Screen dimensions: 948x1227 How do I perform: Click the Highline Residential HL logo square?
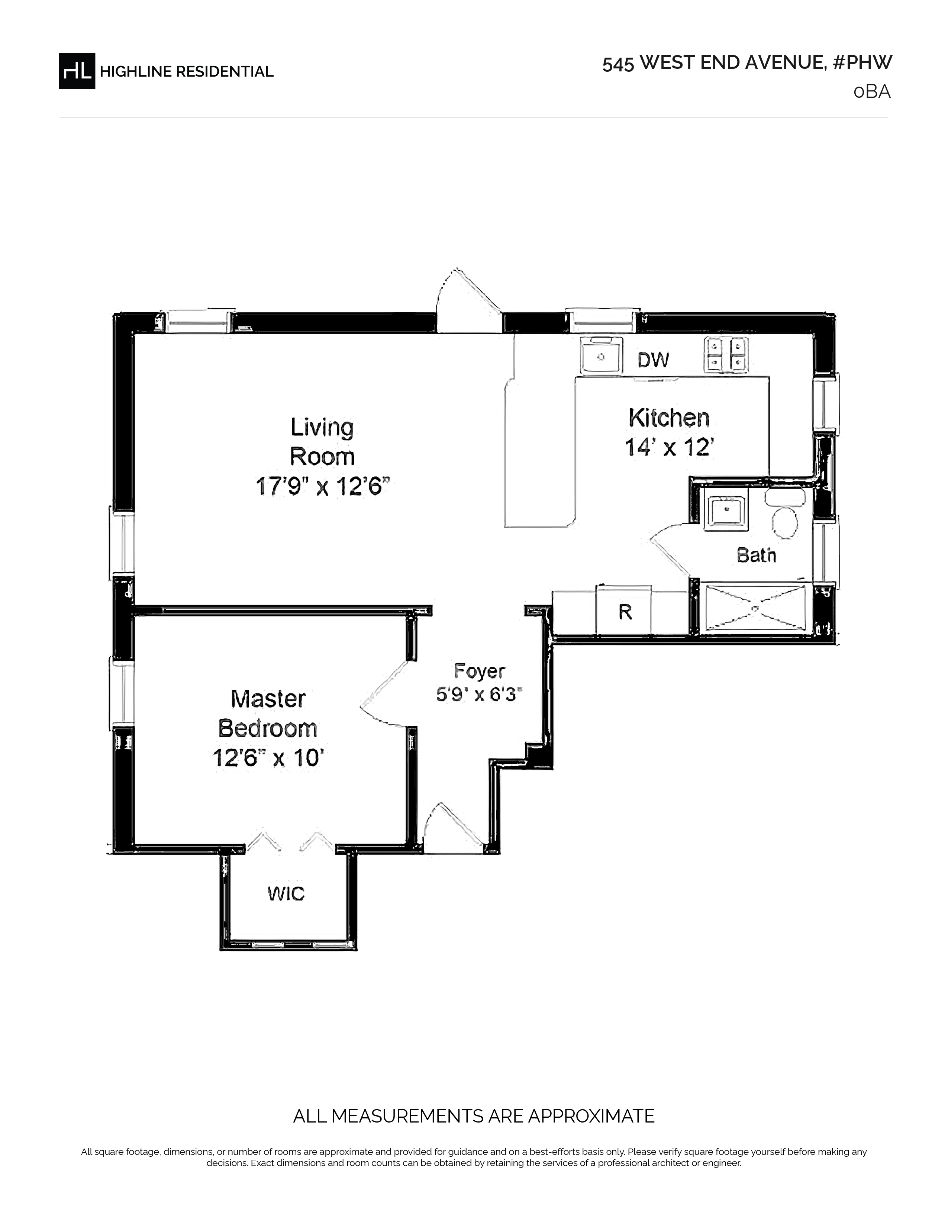coord(77,71)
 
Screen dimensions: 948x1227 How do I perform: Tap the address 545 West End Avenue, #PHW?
coord(747,63)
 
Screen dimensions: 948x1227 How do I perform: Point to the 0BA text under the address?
coord(872,91)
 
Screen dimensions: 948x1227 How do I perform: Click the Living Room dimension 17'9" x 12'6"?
coord(322,486)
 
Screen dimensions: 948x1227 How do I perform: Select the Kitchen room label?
coord(669,418)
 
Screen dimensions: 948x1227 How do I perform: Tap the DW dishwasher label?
coord(653,360)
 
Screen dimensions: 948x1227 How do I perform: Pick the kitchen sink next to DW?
coord(600,355)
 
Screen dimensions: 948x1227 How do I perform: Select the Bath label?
coord(756,555)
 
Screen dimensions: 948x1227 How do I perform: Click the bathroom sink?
coord(726,508)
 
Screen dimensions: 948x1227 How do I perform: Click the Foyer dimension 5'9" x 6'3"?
coord(479,695)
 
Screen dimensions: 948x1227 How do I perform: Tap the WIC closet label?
coord(286,893)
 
